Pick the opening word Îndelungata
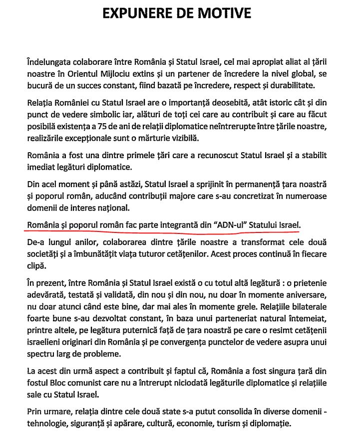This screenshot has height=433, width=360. [x=52, y=63]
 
